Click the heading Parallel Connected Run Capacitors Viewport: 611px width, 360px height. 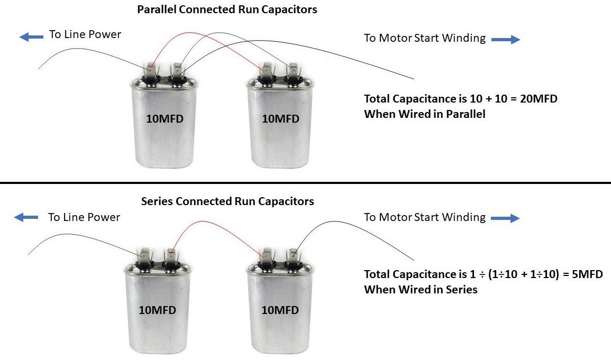(x=227, y=10)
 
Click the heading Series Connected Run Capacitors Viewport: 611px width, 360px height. (x=227, y=201)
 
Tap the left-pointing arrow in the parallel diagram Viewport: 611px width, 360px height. (x=31, y=36)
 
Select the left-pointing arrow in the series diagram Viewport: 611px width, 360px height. (x=26, y=217)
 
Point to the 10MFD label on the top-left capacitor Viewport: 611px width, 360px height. (x=165, y=119)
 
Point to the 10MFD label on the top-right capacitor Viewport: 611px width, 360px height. (x=280, y=119)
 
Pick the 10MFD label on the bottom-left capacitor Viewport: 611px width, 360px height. (x=157, y=310)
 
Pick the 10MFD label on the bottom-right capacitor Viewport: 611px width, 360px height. (x=280, y=310)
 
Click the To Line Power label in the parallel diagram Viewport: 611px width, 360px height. (x=85, y=35)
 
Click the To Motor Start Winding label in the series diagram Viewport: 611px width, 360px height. (x=424, y=217)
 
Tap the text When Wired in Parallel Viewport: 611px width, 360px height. (x=424, y=114)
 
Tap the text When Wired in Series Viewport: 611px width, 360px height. (x=421, y=289)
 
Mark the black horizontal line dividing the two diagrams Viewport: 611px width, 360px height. (x=305, y=183)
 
